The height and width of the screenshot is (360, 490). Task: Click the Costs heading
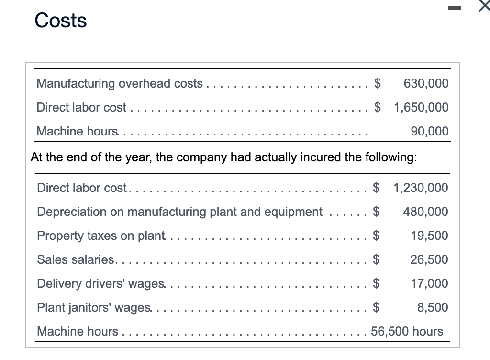(x=61, y=21)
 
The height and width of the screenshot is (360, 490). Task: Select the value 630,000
(x=426, y=83)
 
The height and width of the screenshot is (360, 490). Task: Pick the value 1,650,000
(x=421, y=107)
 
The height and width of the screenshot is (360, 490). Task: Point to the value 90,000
(x=430, y=131)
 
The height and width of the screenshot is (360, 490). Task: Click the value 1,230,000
(x=421, y=188)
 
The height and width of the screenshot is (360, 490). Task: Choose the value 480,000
(x=426, y=212)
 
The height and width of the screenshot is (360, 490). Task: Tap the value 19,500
(x=429, y=236)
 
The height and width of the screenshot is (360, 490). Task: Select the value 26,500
(x=429, y=259)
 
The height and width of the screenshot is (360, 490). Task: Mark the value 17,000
(x=429, y=283)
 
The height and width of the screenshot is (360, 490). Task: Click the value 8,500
(x=433, y=307)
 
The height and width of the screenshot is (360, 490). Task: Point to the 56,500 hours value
(x=407, y=331)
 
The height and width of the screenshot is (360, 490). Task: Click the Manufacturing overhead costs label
(x=120, y=83)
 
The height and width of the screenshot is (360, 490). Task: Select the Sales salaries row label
(x=76, y=259)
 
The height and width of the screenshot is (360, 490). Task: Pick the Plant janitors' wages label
(x=94, y=307)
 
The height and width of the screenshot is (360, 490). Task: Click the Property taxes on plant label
(x=101, y=236)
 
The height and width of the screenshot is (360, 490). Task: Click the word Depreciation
(x=72, y=212)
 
